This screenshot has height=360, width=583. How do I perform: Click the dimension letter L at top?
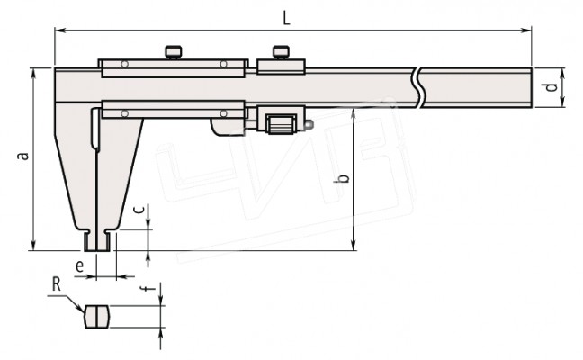coord(286,17)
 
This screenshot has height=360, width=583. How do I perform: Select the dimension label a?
coord(23,156)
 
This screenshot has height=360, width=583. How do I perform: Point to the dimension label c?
coord(139,210)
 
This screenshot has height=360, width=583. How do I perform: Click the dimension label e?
coord(79,266)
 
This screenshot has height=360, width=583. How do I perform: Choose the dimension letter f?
coord(148,288)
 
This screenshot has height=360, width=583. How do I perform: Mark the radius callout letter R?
coord(56,285)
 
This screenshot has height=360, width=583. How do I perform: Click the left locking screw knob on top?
coord(173,51)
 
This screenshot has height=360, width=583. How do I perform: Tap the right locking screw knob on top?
coord(281,51)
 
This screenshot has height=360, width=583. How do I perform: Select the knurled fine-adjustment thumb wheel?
coord(282,124)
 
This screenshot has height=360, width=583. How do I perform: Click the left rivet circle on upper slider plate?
coord(125,64)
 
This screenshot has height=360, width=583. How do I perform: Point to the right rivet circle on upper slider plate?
coord(223,64)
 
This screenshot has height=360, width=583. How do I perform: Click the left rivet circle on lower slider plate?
coord(125,113)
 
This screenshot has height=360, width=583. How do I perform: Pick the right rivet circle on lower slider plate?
coord(223,113)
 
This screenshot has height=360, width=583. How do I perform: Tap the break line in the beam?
coord(418,88)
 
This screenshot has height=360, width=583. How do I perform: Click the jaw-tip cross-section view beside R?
coord(96,317)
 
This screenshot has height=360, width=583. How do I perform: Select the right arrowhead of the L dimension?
coord(526,31)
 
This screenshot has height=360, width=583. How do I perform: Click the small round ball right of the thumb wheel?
coord(309,124)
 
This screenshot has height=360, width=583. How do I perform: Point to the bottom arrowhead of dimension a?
coord(33,245)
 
